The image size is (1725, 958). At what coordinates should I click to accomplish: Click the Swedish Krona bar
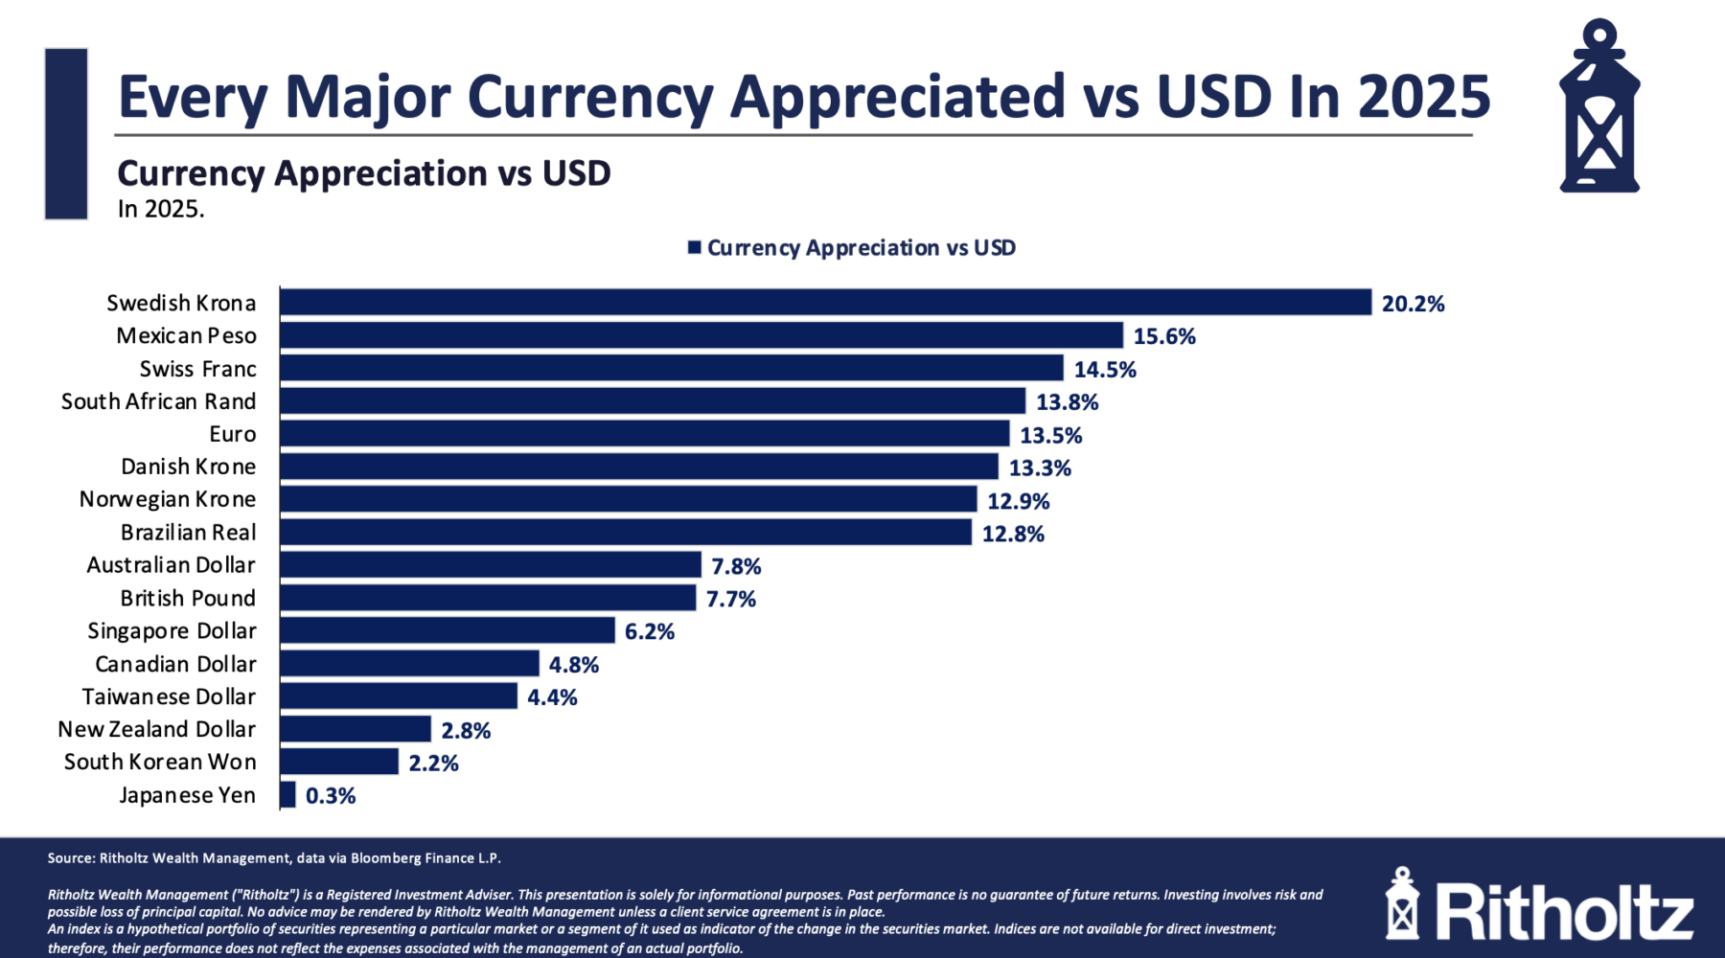[x=824, y=303]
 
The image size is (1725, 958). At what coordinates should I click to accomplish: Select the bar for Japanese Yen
[x=288, y=795]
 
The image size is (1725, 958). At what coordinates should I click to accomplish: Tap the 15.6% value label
[x=1164, y=336]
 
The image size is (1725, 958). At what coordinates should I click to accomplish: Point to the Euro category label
[x=233, y=434]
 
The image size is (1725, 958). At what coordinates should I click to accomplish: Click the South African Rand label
[x=159, y=401]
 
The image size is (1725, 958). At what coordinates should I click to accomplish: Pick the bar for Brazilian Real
[x=626, y=533]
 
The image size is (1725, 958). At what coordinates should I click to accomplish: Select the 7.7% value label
[x=731, y=599]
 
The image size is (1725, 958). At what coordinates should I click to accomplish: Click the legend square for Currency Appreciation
[x=695, y=248]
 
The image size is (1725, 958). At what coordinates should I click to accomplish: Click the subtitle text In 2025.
[x=161, y=209]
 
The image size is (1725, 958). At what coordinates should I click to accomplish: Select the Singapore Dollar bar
[x=448, y=630]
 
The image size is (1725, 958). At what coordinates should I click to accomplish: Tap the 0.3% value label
[x=331, y=796]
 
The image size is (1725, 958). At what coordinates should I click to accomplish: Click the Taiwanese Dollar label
[x=170, y=696]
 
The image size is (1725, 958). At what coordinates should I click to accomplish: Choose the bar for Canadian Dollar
[x=409, y=664]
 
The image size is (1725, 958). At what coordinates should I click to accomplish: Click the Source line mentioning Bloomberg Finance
[x=274, y=858]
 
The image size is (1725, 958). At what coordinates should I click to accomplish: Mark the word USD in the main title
[x=1214, y=97]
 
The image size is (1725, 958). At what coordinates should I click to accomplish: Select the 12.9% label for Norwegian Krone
[x=1019, y=501]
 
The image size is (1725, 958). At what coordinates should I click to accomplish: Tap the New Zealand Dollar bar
[x=356, y=729]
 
